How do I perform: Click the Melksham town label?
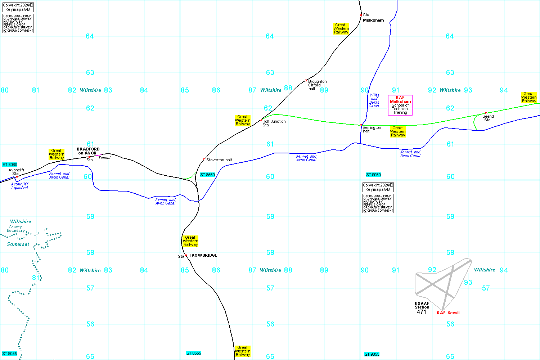(373, 20)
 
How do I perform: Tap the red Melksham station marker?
(361, 15)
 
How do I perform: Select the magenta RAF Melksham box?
(400, 105)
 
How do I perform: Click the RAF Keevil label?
(448, 313)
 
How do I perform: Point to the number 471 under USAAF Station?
(421, 312)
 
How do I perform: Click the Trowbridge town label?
(203, 255)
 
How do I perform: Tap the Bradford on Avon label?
(88, 151)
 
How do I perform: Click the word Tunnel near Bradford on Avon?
(104, 158)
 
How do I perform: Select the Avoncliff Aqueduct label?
(20, 186)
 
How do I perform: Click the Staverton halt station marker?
(204, 159)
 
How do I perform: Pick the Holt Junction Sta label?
(274, 123)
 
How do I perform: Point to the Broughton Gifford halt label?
(317, 85)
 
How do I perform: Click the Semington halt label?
(372, 129)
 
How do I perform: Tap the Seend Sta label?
(488, 118)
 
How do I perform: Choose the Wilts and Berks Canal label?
(374, 100)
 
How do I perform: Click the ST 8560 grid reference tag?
(207, 175)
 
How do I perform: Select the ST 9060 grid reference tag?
(373, 175)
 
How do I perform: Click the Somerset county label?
(18, 244)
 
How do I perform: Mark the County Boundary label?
(15, 229)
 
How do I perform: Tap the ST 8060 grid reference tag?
(10, 165)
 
